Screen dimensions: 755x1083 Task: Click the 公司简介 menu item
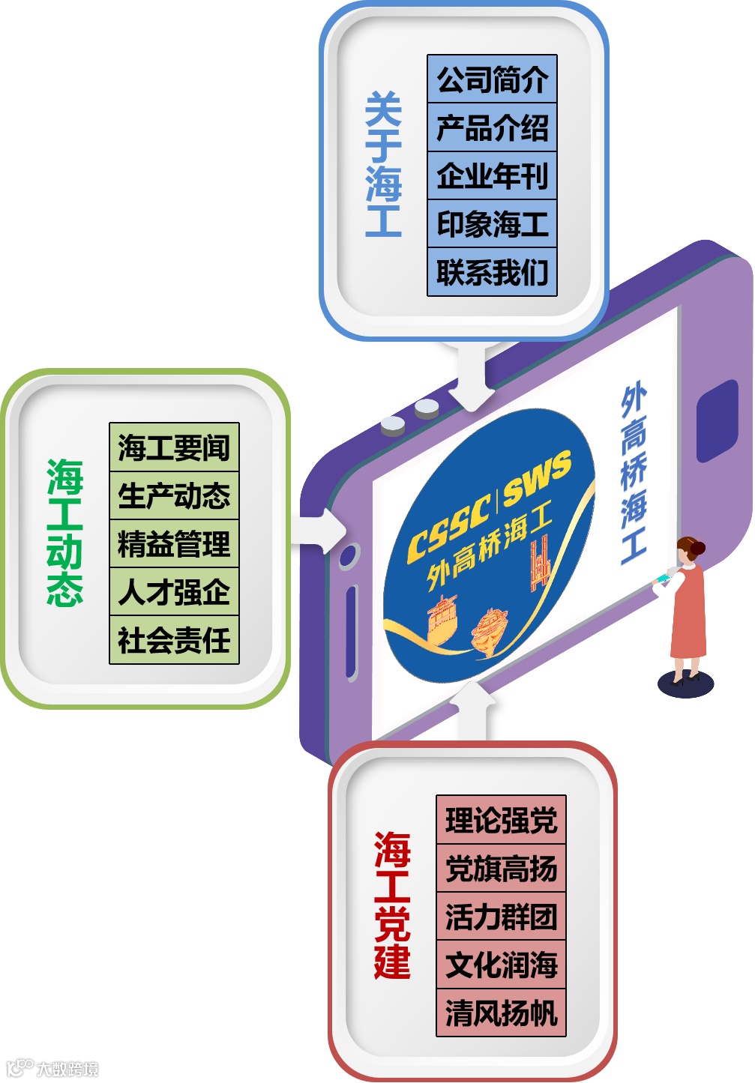(492, 79)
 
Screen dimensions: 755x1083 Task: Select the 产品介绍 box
(492, 127)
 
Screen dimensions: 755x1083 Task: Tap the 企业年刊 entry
(492, 176)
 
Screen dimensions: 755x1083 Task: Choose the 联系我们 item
(492, 272)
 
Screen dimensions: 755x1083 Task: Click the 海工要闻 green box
(174, 447)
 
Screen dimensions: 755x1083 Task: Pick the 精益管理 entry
(174, 544)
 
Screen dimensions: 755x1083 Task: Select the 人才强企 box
(174, 592)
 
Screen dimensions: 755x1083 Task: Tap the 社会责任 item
(174, 641)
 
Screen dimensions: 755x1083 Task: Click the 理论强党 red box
(501, 820)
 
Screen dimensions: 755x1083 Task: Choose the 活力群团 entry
(501, 917)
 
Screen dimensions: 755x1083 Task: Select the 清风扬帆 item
(501, 1013)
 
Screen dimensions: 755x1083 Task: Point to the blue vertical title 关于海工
(383, 165)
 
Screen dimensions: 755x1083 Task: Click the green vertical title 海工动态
(64, 532)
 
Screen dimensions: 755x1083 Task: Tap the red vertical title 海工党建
(392, 905)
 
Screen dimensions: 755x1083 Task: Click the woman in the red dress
(687, 607)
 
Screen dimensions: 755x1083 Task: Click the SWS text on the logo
(537, 478)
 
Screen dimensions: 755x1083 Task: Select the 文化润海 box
(501, 965)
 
